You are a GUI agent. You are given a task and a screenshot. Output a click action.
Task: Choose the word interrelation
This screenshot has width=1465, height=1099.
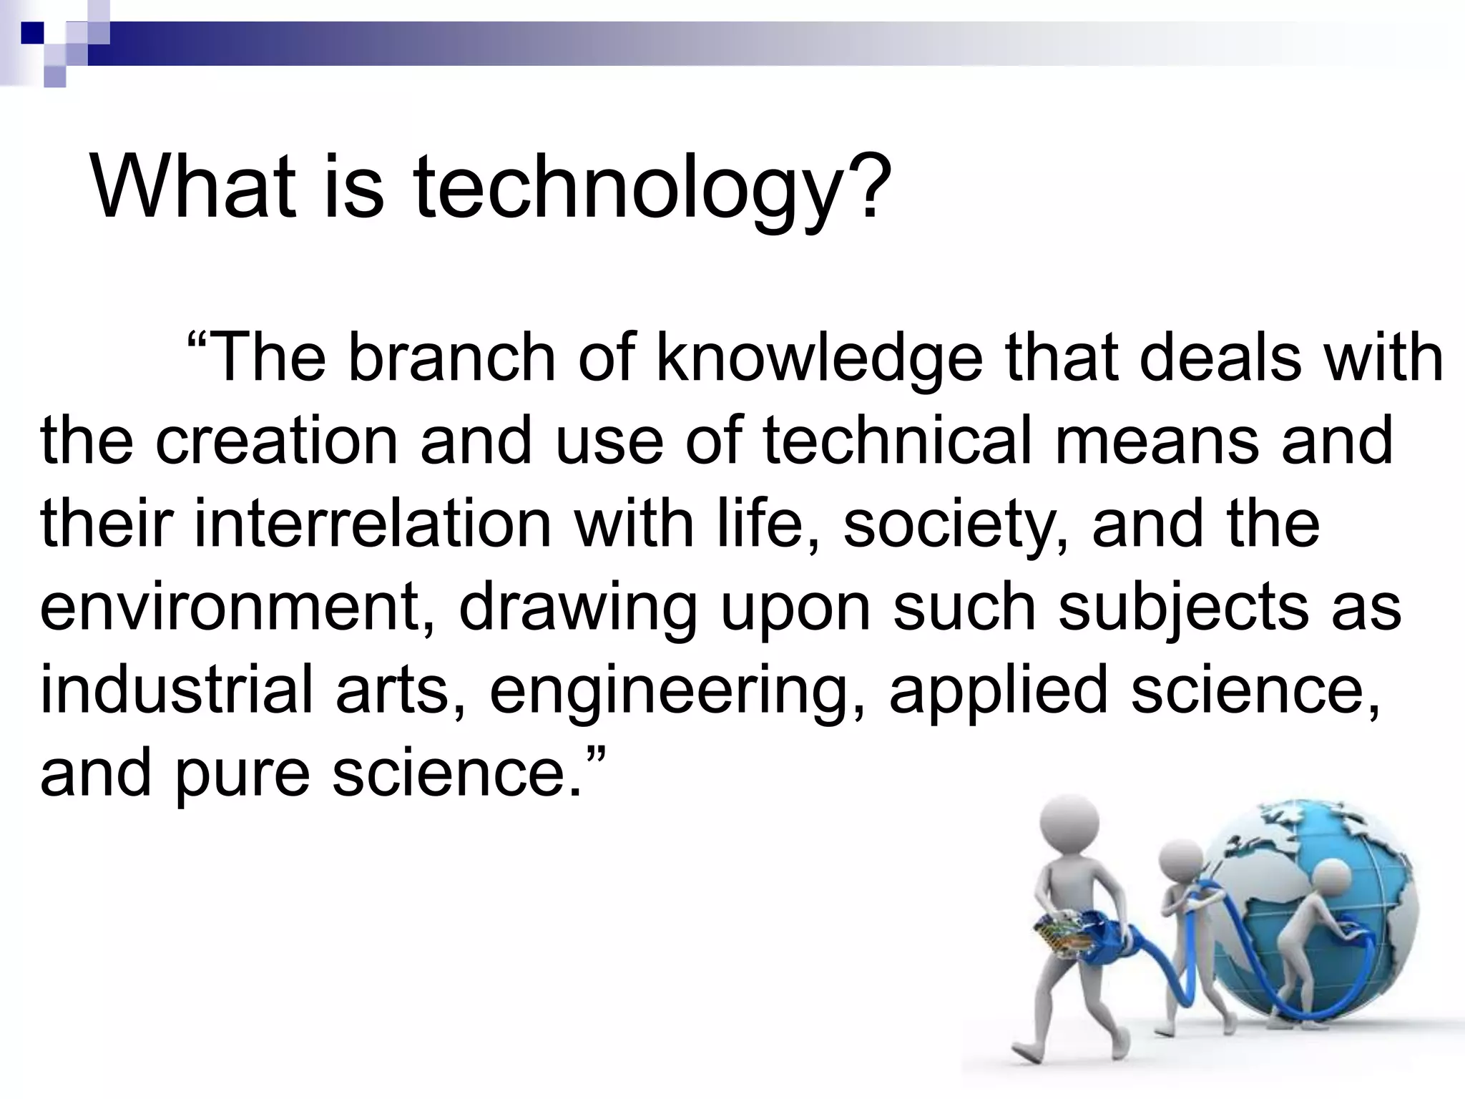pos(373,523)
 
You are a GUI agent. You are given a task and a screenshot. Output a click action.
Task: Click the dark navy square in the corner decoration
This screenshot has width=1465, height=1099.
pos(32,32)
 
